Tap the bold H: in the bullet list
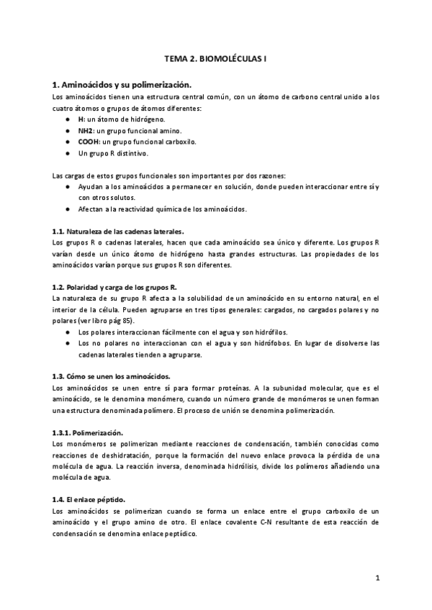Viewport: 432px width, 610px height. tap(82, 119)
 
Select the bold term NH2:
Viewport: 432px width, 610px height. tap(86, 130)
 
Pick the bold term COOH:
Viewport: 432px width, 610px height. tap(89, 142)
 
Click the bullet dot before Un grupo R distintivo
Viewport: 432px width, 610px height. tap(67, 153)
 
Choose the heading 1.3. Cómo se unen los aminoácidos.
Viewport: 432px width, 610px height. tap(112, 376)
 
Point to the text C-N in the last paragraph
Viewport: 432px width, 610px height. tap(265, 522)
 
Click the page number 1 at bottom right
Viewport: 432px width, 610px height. tap(377, 577)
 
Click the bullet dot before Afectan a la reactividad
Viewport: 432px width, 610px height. tap(67, 209)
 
